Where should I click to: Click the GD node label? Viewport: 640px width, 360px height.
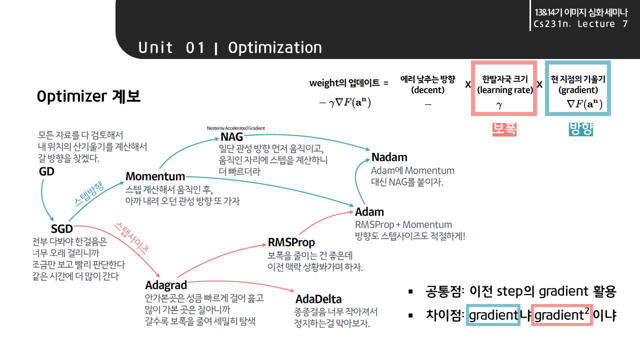tap(46, 171)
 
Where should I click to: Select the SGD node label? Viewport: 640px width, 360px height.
tap(61, 228)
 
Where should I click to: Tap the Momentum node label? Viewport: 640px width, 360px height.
tap(155, 176)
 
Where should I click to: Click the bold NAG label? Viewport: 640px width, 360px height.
tap(231, 137)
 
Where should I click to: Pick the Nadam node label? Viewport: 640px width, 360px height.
tap(389, 157)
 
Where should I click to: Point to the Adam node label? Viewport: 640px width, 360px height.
tap(369, 211)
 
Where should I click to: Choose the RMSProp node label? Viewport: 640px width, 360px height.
tap(291, 242)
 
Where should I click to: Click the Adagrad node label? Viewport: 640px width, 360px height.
tap(166, 285)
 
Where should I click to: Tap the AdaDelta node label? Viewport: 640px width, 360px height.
tap(318, 299)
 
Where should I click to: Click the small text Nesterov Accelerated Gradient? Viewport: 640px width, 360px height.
tap(235, 128)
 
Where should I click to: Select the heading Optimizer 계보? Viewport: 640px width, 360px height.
tap(88, 96)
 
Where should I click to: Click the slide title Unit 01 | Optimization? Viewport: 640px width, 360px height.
tap(230, 47)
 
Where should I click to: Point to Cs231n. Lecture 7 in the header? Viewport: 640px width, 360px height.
tap(580, 24)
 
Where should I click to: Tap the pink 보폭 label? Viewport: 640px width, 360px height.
tap(504, 129)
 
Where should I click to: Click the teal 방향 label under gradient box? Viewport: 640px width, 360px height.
tap(580, 129)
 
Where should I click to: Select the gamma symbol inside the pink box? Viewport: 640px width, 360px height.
tap(499, 104)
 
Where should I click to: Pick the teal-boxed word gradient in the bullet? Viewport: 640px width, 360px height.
tap(493, 315)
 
